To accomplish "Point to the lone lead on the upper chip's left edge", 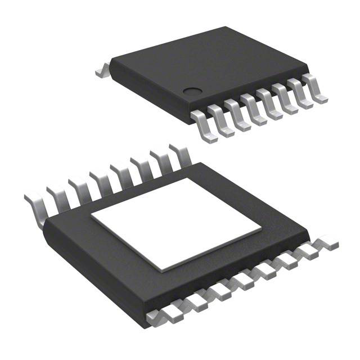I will [x=102, y=72].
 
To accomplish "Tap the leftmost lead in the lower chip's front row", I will [x=158, y=318].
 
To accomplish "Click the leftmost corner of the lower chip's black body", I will [x=44, y=224].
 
